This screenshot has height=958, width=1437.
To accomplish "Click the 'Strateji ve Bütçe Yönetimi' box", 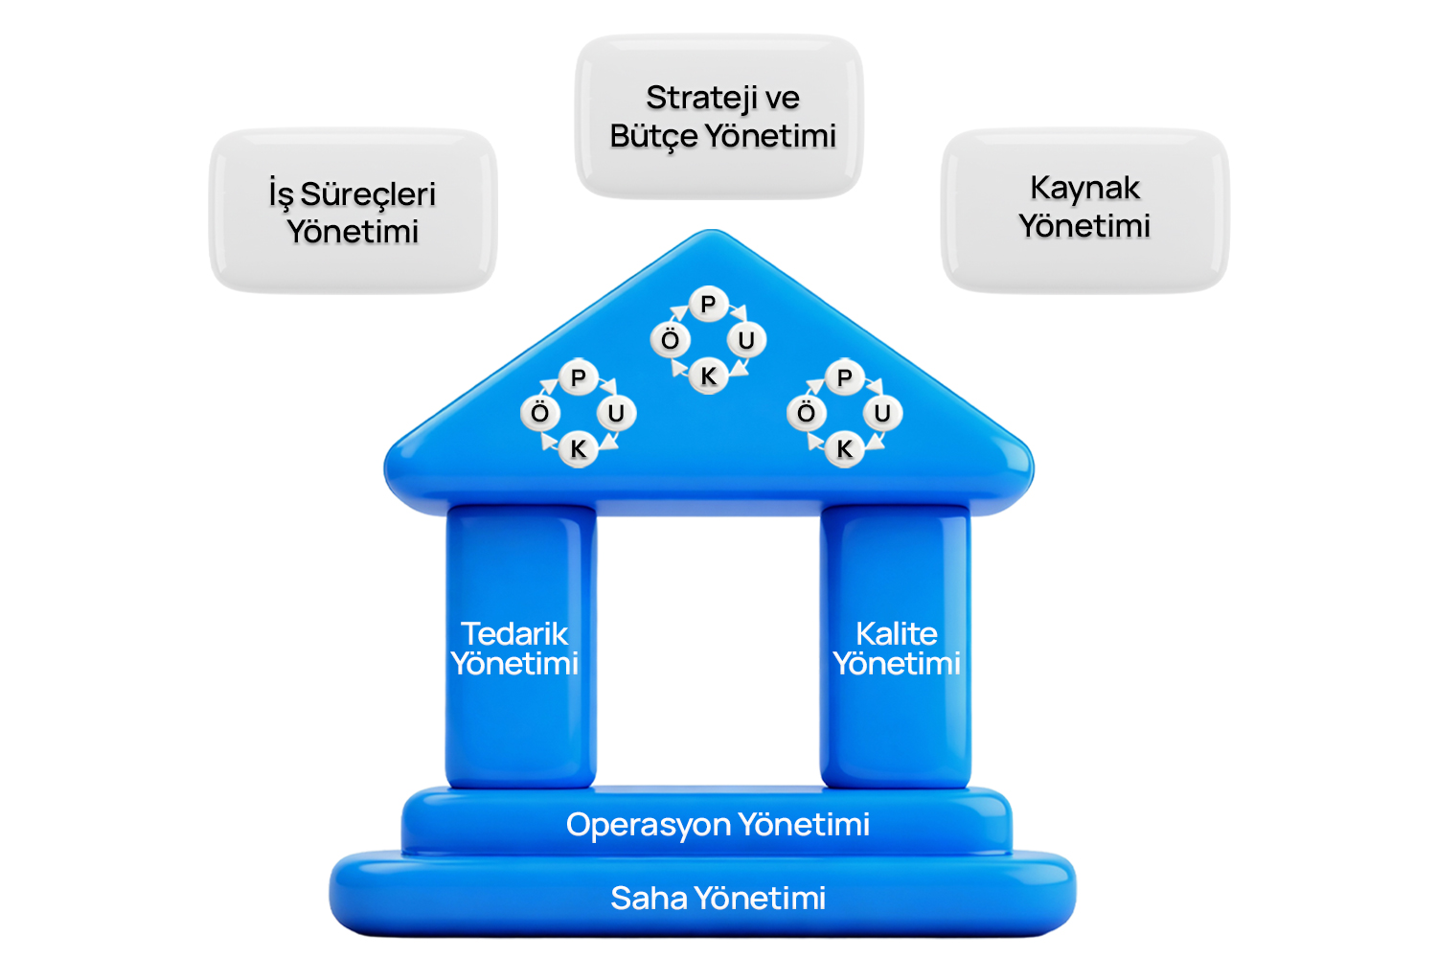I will (x=719, y=116).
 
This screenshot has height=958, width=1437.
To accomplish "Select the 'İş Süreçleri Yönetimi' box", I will (x=353, y=211).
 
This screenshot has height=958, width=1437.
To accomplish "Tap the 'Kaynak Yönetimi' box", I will (x=1084, y=208).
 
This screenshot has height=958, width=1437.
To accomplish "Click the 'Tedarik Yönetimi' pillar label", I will (x=515, y=649).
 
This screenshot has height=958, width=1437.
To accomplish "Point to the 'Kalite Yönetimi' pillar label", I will (x=897, y=649).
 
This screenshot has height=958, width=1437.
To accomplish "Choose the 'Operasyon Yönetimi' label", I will (x=718, y=824).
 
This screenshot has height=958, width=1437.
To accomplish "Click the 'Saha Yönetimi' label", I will (x=718, y=898).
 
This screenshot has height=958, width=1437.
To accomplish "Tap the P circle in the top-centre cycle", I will (x=708, y=305).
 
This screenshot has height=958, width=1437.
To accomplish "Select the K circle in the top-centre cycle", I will (x=708, y=376).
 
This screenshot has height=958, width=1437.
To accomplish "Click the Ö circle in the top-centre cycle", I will (x=671, y=340).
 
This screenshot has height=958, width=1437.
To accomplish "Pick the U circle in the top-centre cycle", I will (x=746, y=340).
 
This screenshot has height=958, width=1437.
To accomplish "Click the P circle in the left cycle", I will (x=578, y=378).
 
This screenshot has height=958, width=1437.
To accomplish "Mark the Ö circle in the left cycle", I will (x=540, y=413).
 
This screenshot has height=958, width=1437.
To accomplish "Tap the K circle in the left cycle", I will (x=578, y=448).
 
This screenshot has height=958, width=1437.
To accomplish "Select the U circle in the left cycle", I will (x=616, y=413).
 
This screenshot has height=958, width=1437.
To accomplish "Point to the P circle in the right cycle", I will (x=844, y=378).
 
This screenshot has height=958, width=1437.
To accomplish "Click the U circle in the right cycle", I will (x=882, y=413).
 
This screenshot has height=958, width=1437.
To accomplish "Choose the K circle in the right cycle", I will (x=844, y=448).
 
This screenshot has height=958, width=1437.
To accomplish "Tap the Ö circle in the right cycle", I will (x=807, y=413).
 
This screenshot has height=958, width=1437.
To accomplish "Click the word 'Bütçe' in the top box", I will (x=653, y=137).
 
